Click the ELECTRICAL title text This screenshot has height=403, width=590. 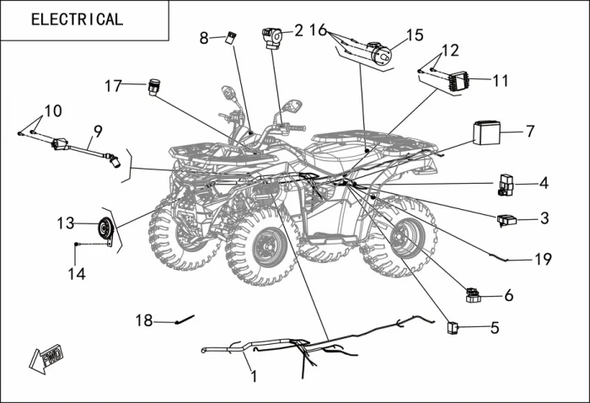[x=77, y=19]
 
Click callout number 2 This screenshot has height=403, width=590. [x=298, y=31]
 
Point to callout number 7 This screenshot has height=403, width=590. [x=529, y=132]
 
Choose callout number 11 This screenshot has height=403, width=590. [x=501, y=81]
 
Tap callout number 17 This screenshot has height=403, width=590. [x=114, y=85]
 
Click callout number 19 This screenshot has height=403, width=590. [x=543, y=260]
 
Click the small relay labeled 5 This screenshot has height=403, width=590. [x=453, y=326]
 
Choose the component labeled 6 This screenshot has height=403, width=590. [x=472, y=295]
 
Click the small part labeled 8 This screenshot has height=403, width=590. [x=229, y=36]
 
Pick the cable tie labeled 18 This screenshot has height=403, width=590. [x=185, y=320]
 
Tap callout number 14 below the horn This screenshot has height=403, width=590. [x=77, y=273]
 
